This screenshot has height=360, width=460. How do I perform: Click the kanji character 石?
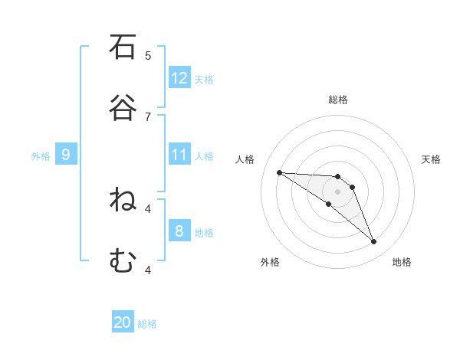[123, 47]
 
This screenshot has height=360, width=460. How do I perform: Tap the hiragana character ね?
[123, 201]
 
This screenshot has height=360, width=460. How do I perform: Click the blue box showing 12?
[179, 78]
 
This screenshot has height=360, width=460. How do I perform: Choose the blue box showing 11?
[179, 155]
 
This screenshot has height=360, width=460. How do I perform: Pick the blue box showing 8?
[179, 231]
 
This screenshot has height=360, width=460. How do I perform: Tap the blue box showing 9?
[66, 155]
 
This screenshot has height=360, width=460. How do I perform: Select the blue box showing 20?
[123, 322]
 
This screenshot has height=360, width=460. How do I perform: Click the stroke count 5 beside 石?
[148, 55]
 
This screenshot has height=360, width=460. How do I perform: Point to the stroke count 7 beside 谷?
[148, 116]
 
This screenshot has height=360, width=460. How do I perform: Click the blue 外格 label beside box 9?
[41, 155]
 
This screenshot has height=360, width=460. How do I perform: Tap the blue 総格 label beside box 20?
[147, 324]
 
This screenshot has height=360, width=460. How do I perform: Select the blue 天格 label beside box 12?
[204, 79]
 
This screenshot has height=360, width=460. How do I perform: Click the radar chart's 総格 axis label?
[338, 100]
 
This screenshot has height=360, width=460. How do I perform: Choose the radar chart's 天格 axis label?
[431, 159]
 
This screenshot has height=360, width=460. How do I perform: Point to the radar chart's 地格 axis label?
[402, 262]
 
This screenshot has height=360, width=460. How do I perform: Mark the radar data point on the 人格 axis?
[279, 172]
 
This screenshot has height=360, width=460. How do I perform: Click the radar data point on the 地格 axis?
[374, 242]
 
